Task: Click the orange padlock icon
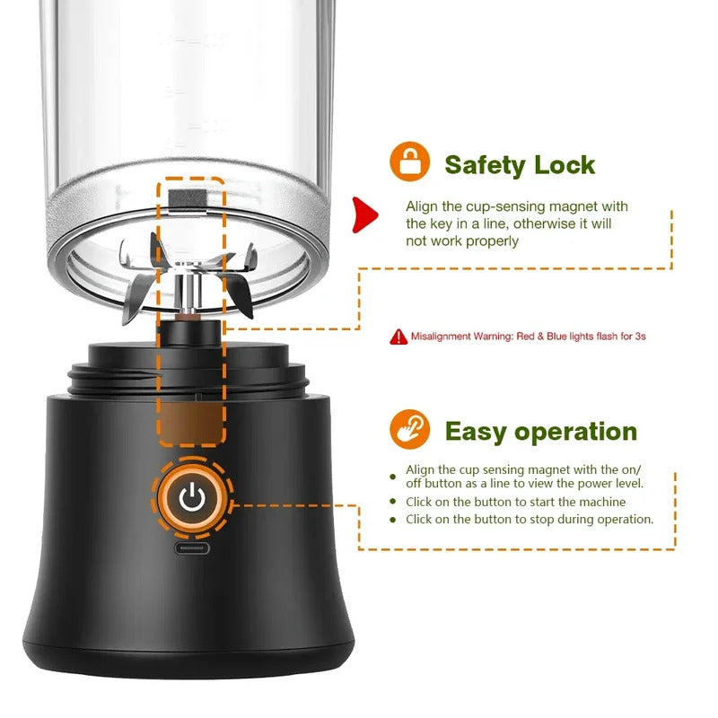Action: (x=410, y=162)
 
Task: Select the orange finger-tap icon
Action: (x=410, y=430)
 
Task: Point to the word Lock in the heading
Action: (x=565, y=165)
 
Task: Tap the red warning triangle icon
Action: (x=398, y=337)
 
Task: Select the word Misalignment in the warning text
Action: (x=442, y=337)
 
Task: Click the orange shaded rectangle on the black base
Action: (x=190, y=421)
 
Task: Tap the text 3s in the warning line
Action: (x=640, y=337)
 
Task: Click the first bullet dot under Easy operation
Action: (x=392, y=477)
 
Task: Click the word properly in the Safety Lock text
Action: (x=489, y=241)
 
